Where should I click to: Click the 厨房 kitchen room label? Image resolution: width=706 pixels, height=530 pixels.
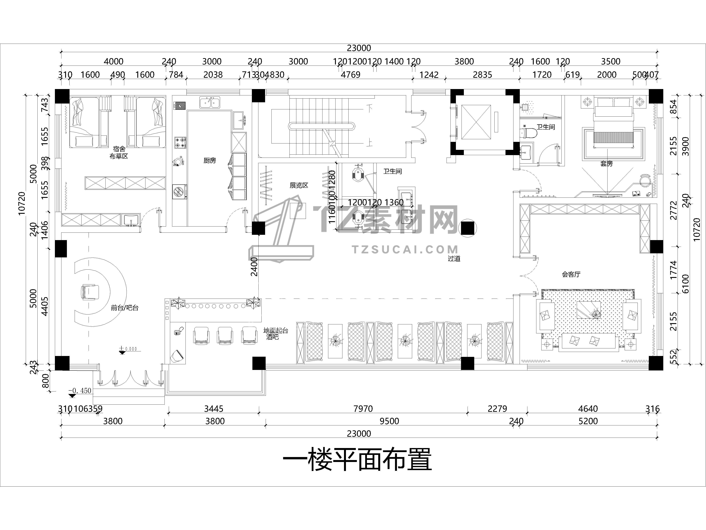point(210,160)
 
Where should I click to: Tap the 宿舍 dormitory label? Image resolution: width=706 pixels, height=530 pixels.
point(119,149)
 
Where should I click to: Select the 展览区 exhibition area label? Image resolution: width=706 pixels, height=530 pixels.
point(299,185)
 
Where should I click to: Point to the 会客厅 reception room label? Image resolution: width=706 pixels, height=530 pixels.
point(571,274)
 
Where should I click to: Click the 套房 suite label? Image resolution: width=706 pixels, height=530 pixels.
point(606,164)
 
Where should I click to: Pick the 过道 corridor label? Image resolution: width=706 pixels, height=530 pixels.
point(454,258)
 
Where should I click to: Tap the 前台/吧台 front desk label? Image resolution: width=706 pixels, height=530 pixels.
point(124,308)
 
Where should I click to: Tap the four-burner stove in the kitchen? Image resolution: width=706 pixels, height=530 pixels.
point(180,143)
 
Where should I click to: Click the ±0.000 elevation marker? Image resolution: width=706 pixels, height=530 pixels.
point(128,349)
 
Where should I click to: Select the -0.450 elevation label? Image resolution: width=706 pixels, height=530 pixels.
point(80,391)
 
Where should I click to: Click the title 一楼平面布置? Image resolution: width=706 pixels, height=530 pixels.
point(357,459)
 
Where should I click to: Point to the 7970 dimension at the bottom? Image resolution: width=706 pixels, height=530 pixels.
point(363,409)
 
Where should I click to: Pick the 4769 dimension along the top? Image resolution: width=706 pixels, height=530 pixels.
point(351,75)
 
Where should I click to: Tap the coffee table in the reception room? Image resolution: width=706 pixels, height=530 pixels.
point(588,310)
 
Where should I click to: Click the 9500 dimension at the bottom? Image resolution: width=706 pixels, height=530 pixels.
point(389,421)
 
